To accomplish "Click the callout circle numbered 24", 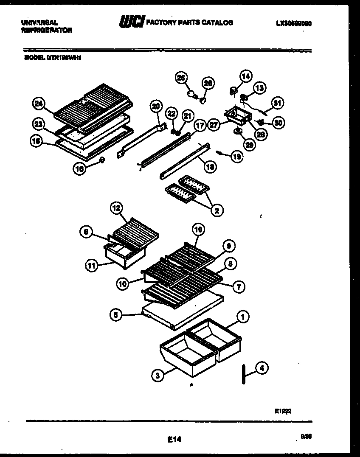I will [x=38, y=103].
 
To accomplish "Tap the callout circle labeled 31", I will [x=278, y=103].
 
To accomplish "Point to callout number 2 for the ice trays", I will [x=217, y=210].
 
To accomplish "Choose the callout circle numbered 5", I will [x=115, y=315].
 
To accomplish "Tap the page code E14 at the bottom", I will [x=174, y=440].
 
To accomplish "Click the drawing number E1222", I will [x=283, y=410].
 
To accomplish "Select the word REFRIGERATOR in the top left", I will [x=46, y=31].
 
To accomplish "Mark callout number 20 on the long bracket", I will [x=156, y=106].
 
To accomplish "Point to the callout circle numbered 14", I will [x=246, y=76].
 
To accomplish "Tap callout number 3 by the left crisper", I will [x=157, y=375].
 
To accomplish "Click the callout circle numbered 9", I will [x=229, y=246].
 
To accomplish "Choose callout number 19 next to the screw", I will [x=238, y=157].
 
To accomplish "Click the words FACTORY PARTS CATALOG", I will [x=189, y=22].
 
